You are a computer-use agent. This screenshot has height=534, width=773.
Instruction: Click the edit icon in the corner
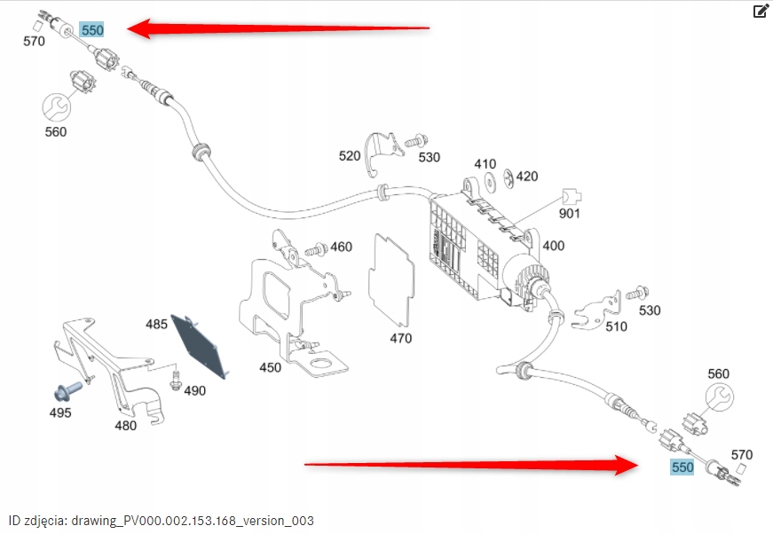point(761,12)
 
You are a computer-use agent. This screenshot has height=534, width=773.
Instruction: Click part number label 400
point(553,246)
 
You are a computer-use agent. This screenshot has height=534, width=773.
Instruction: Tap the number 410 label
point(485,164)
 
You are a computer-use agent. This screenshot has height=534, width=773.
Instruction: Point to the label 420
point(527,177)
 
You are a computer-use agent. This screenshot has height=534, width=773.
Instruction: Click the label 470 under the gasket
point(401,338)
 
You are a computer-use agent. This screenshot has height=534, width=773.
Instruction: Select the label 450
point(270,366)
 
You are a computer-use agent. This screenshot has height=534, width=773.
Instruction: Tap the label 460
point(341,247)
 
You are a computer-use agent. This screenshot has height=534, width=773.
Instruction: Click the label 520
point(350,156)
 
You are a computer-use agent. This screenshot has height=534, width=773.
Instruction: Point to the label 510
point(616,326)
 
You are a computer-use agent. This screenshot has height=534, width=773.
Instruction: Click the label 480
point(126,425)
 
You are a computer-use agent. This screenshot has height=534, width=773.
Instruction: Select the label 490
point(194,390)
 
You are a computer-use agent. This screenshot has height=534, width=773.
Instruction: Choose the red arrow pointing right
point(469,462)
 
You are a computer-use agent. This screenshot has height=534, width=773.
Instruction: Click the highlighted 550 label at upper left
point(92,30)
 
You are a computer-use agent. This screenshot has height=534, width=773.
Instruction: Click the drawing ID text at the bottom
point(161,520)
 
